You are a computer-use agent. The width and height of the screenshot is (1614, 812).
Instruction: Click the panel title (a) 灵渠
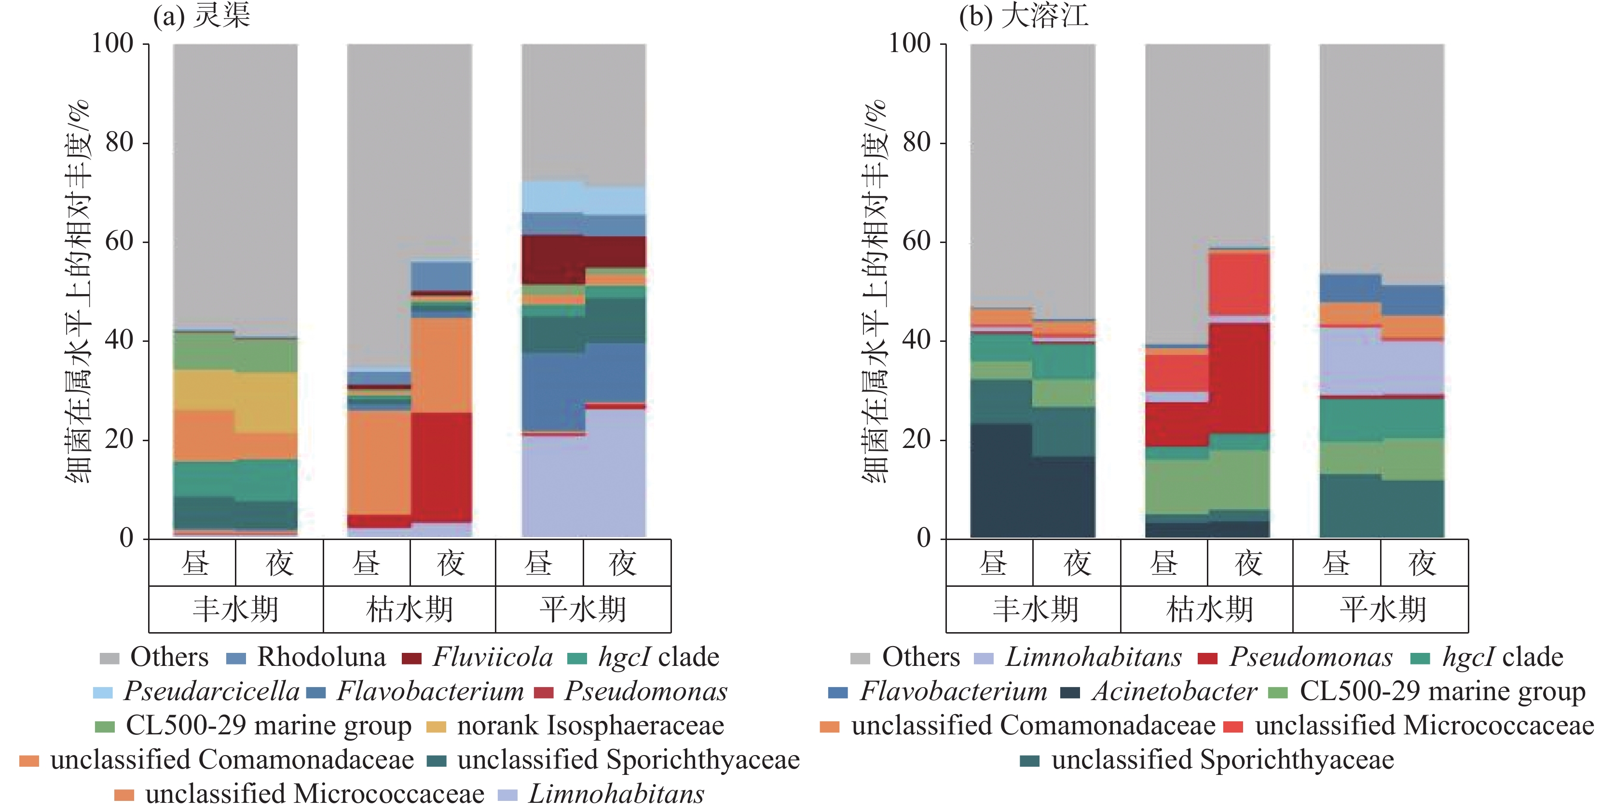202,15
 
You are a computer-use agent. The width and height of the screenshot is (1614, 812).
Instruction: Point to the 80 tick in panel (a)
119,143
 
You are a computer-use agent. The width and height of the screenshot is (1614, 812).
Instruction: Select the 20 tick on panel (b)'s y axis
916,439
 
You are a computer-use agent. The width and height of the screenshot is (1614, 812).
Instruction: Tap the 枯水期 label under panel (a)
409,609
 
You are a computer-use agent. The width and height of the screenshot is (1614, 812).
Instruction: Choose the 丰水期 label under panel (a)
235,609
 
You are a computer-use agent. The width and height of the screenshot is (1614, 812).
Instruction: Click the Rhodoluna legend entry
321,657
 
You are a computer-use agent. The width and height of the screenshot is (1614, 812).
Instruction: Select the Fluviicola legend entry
492,657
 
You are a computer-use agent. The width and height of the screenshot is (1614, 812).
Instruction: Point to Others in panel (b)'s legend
920,657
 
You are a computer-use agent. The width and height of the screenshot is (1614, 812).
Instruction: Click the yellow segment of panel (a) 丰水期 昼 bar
204,390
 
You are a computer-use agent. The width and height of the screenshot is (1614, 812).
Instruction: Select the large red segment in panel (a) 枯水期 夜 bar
441,467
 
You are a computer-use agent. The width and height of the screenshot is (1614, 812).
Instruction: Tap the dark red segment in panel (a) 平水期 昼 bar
553,259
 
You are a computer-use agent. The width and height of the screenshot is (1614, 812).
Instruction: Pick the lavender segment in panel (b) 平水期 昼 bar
1350,361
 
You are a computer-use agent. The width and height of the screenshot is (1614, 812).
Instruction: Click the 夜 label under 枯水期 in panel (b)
1249,563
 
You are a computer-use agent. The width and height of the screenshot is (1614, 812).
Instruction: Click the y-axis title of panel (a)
78,291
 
